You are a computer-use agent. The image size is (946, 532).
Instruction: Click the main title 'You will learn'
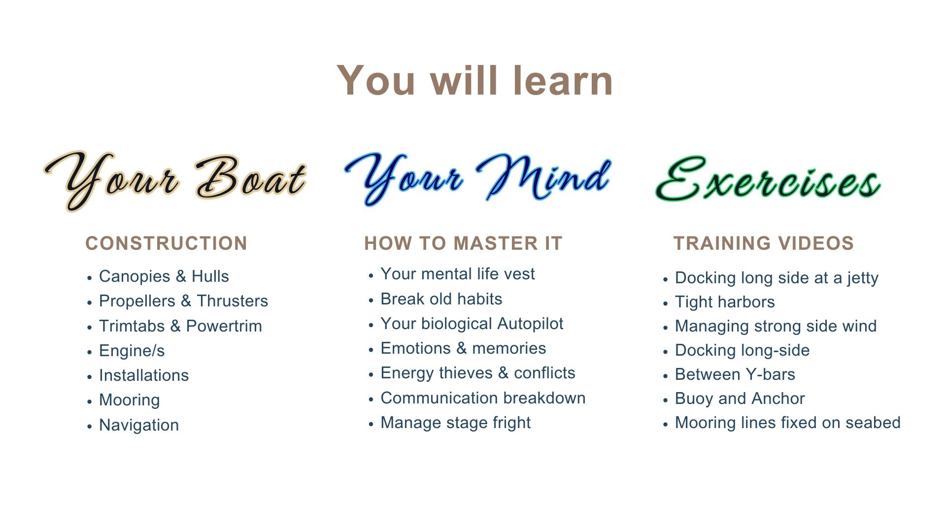pyautogui.click(x=475, y=80)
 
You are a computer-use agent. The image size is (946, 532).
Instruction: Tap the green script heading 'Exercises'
pyautogui.click(x=768, y=179)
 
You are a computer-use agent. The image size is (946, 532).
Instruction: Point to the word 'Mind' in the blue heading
pyautogui.click(x=544, y=177)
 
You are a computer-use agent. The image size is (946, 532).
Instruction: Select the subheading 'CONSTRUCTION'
pyautogui.click(x=166, y=243)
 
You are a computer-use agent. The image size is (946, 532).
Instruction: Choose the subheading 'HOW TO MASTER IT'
pyautogui.click(x=463, y=243)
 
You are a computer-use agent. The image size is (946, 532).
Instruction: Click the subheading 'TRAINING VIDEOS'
pyautogui.click(x=764, y=243)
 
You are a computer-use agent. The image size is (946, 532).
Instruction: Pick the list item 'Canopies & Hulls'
pyautogui.click(x=164, y=276)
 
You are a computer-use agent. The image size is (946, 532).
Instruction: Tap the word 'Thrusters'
pyautogui.click(x=233, y=301)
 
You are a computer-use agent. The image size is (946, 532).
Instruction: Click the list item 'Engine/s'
pyautogui.click(x=132, y=351)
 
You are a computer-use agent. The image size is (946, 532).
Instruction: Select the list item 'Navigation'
pyautogui.click(x=139, y=425)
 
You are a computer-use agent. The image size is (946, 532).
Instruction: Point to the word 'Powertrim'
pyautogui.click(x=224, y=326)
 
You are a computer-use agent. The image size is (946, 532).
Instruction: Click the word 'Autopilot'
pyautogui.click(x=530, y=324)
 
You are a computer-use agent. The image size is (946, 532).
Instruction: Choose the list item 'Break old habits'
pyautogui.click(x=441, y=299)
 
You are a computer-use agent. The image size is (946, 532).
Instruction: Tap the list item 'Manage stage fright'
pyautogui.click(x=456, y=423)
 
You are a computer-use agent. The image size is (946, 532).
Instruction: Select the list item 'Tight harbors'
pyautogui.click(x=725, y=302)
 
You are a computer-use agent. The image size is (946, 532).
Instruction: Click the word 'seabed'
pyautogui.click(x=873, y=423)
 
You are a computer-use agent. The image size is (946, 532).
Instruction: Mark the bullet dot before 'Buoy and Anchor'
pyautogui.click(x=665, y=399)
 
